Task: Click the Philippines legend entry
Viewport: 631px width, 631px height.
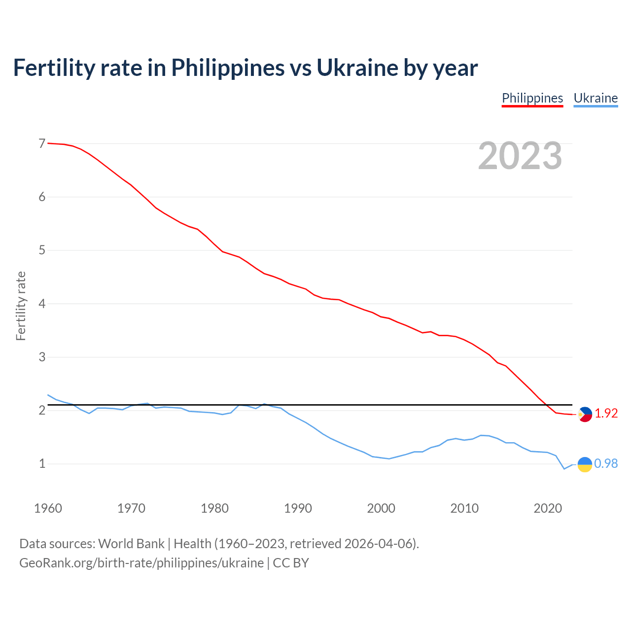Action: pyautogui.click(x=532, y=98)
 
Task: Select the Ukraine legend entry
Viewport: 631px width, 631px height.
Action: pyautogui.click(x=596, y=98)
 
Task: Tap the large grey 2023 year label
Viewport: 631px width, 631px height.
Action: pyautogui.click(x=520, y=156)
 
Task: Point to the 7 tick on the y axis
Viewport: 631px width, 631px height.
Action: pyautogui.click(x=42, y=144)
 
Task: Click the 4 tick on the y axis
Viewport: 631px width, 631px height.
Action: pyautogui.click(x=42, y=304)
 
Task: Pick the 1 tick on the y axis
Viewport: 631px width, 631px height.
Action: pyautogui.click(x=42, y=464)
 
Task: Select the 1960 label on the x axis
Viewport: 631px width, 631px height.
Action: pyautogui.click(x=48, y=508)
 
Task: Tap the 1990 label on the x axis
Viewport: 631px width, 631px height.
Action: pyautogui.click(x=298, y=508)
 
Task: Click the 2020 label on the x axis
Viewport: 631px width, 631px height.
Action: pyautogui.click(x=548, y=508)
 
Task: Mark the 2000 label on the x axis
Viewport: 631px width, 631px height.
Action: pyautogui.click(x=381, y=508)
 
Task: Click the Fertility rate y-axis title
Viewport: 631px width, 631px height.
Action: pyautogui.click(x=21, y=306)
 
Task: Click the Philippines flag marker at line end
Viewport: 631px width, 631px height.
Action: pyautogui.click(x=585, y=414)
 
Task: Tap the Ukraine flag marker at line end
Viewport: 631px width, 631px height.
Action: pyautogui.click(x=585, y=464)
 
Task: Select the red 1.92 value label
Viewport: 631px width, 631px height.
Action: pyautogui.click(x=606, y=414)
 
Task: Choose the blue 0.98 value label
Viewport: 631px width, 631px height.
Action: pyautogui.click(x=606, y=464)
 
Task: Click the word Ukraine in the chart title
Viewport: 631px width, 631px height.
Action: pyautogui.click(x=357, y=68)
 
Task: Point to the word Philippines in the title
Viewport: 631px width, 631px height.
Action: pyautogui.click(x=228, y=68)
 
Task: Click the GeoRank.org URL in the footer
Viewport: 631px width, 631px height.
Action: pyautogui.click(x=141, y=563)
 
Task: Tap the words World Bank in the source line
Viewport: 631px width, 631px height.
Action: pyautogui.click(x=131, y=544)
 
